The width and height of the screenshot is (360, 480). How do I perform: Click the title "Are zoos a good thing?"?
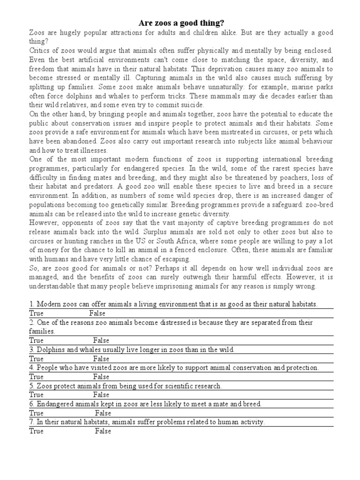click(x=180, y=22)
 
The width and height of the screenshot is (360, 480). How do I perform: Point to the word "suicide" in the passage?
click(x=192, y=105)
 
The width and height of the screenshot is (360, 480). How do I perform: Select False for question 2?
click(x=101, y=340)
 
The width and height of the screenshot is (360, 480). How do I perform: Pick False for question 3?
click(x=101, y=359)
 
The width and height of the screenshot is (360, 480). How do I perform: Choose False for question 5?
click(x=101, y=395)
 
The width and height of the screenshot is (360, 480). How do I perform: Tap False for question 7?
click(x=103, y=431)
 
